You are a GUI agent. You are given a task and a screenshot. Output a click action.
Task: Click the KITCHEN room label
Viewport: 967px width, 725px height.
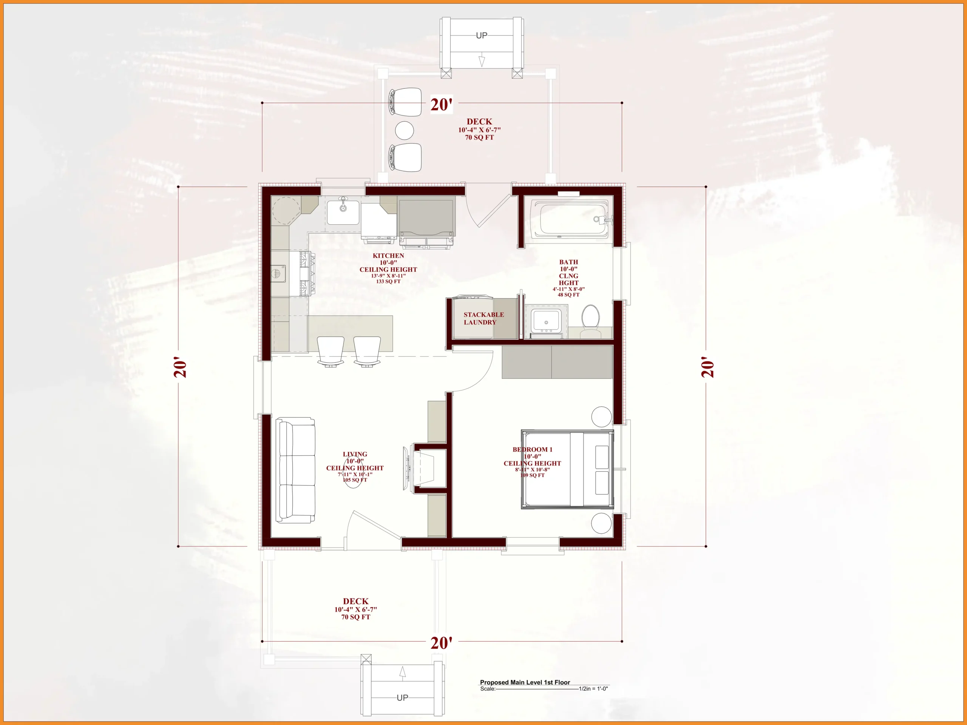[x=388, y=256]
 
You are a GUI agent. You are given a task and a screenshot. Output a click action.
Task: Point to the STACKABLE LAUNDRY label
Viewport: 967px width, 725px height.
[x=483, y=318]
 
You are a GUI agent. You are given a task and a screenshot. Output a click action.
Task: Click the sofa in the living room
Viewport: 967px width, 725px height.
[x=295, y=470]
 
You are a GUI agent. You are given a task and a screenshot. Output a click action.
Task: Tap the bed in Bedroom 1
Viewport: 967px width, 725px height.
[x=567, y=469]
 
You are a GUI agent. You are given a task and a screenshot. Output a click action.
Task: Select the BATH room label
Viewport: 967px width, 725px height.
[x=568, y=262]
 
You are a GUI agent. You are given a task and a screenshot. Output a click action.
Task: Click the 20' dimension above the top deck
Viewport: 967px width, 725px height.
[x=442, y=105]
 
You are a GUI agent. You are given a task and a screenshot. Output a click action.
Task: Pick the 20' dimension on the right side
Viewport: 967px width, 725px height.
[x=707, y=367]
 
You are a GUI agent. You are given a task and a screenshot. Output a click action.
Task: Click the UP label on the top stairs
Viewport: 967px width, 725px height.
[x=481, y=35]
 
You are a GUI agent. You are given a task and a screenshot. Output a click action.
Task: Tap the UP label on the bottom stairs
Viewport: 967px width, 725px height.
[x=402, y=697]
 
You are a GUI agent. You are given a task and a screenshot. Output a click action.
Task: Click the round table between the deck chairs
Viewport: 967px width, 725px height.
[x=405, y=130]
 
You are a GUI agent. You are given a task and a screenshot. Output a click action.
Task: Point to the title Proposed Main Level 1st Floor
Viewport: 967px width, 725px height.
[x=525, y=682]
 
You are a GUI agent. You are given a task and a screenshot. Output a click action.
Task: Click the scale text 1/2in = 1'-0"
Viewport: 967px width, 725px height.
[x=593, y=689]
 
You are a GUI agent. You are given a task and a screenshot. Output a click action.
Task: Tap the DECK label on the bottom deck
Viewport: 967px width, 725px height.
[x=355, y=601]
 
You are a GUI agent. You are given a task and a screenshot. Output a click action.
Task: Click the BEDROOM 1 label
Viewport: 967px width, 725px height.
[x=533, y=449]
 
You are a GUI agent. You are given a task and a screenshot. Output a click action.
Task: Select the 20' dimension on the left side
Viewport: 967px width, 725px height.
[x=180, y=367]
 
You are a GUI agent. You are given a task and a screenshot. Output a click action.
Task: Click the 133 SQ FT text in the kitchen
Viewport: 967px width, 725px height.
[x=388, y=281]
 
